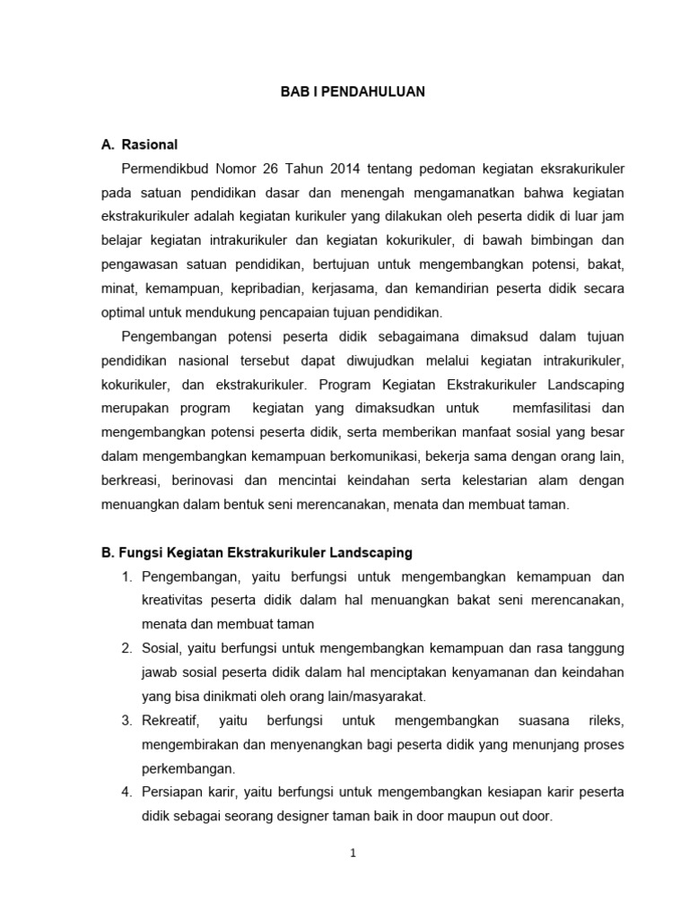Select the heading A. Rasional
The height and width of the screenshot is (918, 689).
click(140, 143)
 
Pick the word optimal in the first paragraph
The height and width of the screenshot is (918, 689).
click(125, 313)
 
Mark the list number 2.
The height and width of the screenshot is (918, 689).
click(127, 648)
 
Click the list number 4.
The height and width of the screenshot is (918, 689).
click(127, 793)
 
